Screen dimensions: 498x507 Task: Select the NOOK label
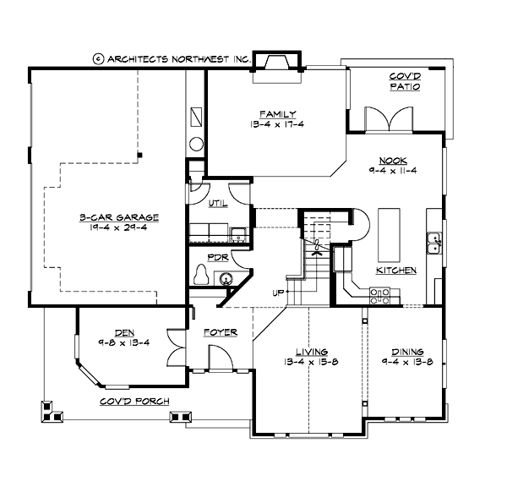tap(393, 159)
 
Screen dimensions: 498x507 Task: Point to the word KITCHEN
tap(396, 271)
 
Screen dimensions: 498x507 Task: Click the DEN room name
tap(112, 332)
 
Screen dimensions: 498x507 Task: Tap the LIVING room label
tap(311, 352)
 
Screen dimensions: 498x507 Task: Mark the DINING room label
tap(407, 352)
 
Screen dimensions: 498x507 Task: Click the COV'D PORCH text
tap(134, 401)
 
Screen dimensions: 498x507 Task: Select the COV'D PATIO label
tap(399, 81)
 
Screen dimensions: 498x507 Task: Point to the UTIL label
tap(217, 203)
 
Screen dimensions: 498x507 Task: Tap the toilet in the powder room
tap(201, 276)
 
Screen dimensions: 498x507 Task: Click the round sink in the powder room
tap(226, 276)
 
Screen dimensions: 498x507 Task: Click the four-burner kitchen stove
tap(379, 295)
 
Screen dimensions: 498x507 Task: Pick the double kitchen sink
tap(434, 244)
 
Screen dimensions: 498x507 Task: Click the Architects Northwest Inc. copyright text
tap(172, 59)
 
